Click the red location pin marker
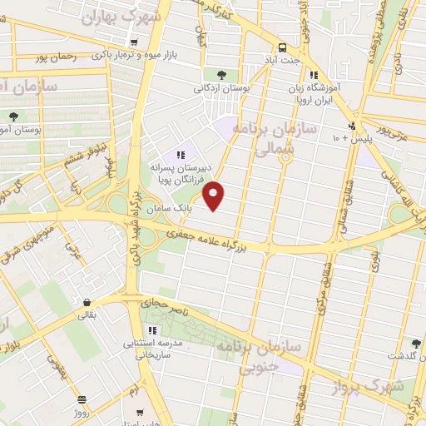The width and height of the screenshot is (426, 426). [215, 195]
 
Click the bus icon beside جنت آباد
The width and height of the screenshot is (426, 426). [282, 47]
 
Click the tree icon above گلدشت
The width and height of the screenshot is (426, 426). [416, 344]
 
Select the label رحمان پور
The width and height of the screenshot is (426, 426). [74, 58]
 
